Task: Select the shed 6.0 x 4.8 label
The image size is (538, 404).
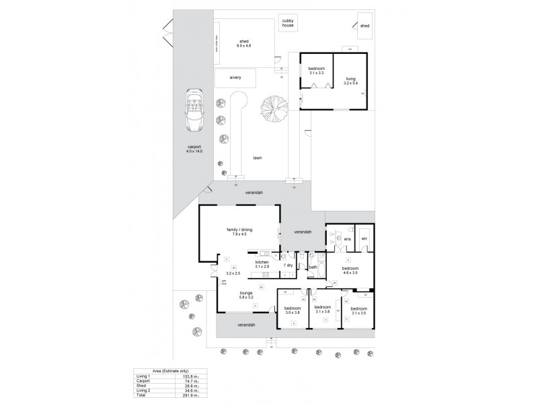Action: click(243, 44)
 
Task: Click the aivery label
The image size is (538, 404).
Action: click(235, 78)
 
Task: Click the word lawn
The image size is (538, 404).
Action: click(257, 158)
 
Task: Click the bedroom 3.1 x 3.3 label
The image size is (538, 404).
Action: click(317, 72)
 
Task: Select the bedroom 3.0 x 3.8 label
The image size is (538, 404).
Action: click(293, 310)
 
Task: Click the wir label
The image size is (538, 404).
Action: click(364, 239)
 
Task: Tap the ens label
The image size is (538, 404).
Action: click(348, 239)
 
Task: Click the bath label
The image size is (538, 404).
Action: click(313, 267)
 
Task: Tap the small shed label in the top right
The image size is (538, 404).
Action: click(364, 26)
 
